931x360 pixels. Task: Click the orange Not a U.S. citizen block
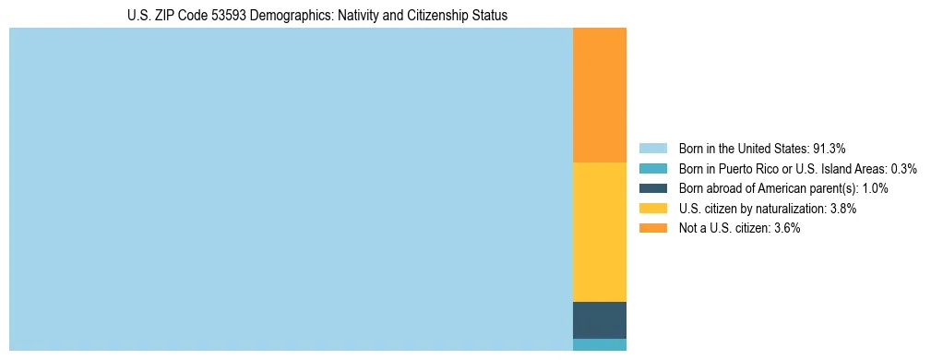[x=600, y=95]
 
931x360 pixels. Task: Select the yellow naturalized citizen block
[x=600, y=232]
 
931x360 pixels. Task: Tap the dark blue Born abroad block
[x=600, y=319]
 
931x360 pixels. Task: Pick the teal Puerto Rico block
[x=600, y=344]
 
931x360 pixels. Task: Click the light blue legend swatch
[x=652, y=149]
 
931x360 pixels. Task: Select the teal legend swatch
[x=652, y=169]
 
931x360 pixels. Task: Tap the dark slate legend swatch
[x=652, y=188]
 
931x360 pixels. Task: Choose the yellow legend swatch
[x=652, y=209]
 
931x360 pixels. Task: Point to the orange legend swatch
[x=652, y=228]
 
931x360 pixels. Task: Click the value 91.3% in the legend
[x=829, y=149]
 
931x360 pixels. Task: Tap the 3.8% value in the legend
[x=841, y=209]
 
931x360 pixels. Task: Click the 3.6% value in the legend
[x=785, y=228]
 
